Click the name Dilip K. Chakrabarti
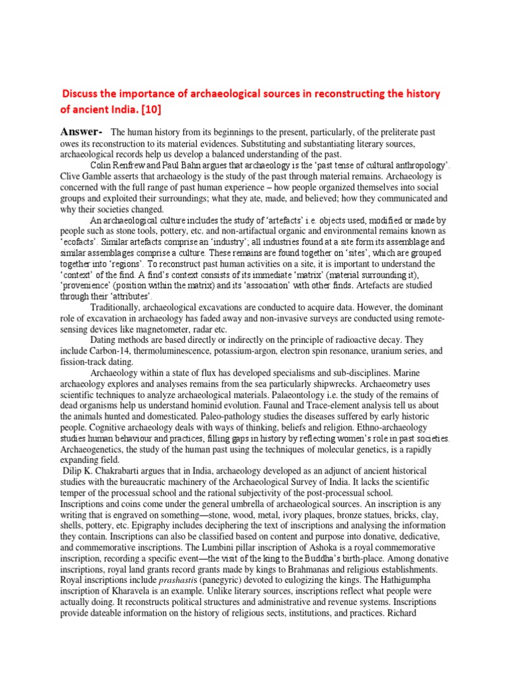pyautogui.click(x=107, y=471)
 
